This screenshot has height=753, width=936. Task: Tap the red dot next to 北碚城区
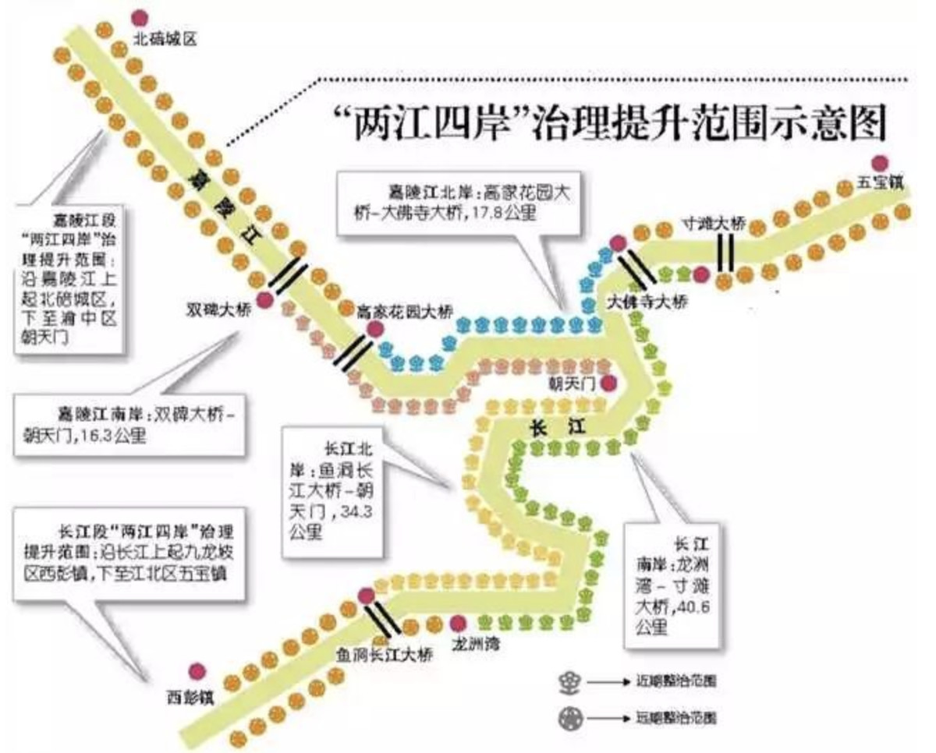pos(140,17)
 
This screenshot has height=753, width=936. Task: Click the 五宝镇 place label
pos(881,186)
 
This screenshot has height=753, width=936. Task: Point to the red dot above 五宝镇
pos(881,163)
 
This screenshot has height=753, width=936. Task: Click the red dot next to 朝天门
pos(608,382)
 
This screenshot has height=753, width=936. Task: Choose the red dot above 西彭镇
pos(197,672)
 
